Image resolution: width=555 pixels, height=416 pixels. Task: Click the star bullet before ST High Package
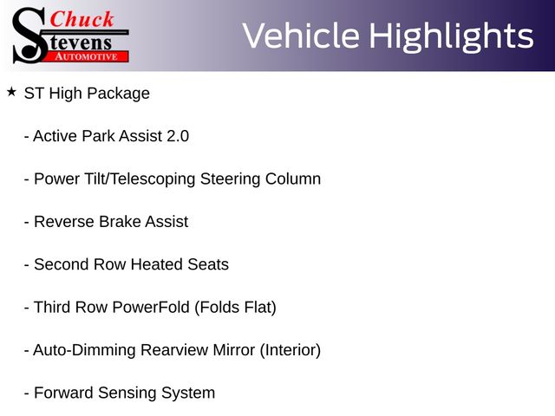[11, 92]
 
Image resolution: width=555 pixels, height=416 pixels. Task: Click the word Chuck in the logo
[82, 19]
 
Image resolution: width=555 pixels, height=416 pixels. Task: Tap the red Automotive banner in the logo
[87, 56]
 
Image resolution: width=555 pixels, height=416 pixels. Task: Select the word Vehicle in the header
[301, 36]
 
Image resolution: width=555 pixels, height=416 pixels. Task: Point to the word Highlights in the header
[451, 37]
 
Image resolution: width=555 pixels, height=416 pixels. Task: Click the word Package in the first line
[118, 94]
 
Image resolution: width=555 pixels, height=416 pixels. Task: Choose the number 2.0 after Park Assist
[178, 136]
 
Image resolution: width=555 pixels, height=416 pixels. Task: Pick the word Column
[293, 179]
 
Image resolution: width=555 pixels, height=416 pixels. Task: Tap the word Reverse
[64, 222]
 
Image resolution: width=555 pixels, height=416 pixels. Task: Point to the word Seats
[208, 264]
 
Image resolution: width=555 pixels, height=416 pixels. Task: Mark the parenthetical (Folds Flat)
[235, 308]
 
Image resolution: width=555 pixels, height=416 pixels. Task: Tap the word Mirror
[233, 350]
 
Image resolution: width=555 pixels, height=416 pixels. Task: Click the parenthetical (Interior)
[291, 350]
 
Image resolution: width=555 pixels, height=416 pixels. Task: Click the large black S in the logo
[29, 36]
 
